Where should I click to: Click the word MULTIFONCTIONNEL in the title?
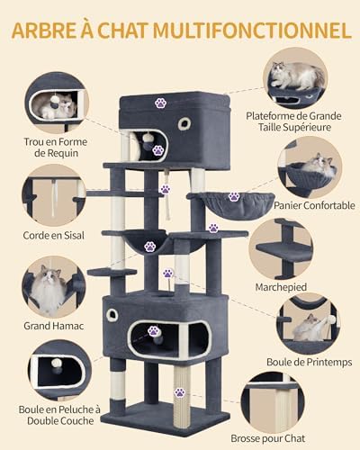(252, 30)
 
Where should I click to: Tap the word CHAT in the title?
(122, 30)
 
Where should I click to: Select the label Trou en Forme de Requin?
(56, 148)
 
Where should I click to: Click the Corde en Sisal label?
(54, 235)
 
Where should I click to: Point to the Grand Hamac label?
(54, 326)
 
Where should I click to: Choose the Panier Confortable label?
(314, 205)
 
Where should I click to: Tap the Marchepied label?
(281, 287)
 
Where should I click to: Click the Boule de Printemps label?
(310, 362)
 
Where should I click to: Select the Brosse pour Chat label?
(268, 438)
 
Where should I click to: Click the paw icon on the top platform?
(161, 103)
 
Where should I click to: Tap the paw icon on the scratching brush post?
(180, 392)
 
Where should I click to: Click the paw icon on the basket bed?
(234, 197)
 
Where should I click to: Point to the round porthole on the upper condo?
(184, 123)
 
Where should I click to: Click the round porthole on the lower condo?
(112, 315)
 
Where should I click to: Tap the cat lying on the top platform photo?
(295, 75)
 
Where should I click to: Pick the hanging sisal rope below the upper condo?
(167, 193)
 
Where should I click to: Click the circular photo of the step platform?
(281, 249)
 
